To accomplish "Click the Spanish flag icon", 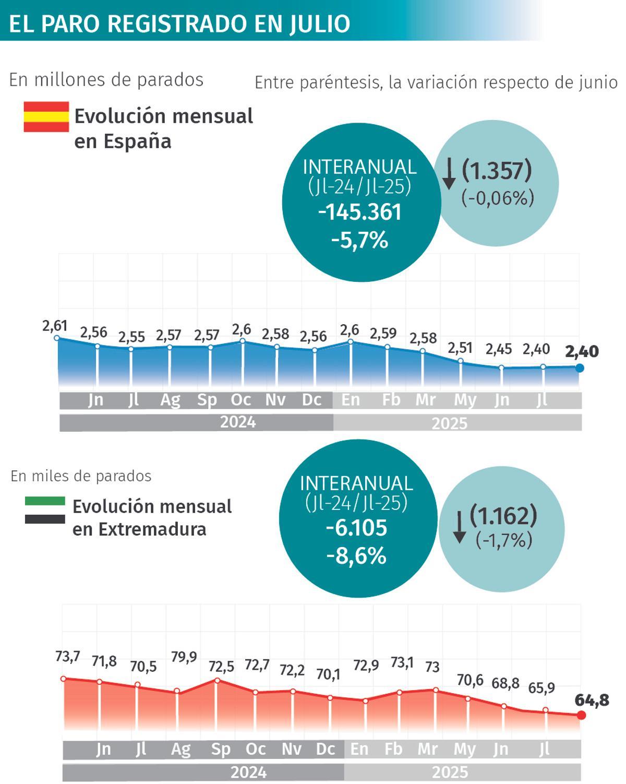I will click(x=46, y=116).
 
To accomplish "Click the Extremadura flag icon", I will click(x=45, y=510).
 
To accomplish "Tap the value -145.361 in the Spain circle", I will click(x=359, y=212).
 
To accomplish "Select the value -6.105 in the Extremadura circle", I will click(x=356, y=528).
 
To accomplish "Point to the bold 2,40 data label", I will click(x=582, y=351).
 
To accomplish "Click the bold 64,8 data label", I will click(x=592, y=700).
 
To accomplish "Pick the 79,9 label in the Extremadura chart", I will click(x=184, y=657).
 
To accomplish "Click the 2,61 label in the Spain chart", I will click(x=55, y=326).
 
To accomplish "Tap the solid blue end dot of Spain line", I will click(x=579, y=368).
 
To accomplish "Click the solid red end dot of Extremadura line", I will click(x=582, y=715).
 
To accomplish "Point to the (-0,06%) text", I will click(x=497, y=198).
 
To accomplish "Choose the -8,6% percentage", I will click(x=356, y=556).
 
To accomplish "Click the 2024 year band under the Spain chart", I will click(x=238, y=422).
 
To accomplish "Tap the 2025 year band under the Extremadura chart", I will click(x=450, y=772).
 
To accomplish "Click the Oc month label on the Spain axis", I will click(x=241, y=400).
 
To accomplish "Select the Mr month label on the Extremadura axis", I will click(x=427, y=749).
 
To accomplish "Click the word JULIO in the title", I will click(x=320, y=23).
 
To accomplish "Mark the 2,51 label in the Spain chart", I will click(x=460, y=348).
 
